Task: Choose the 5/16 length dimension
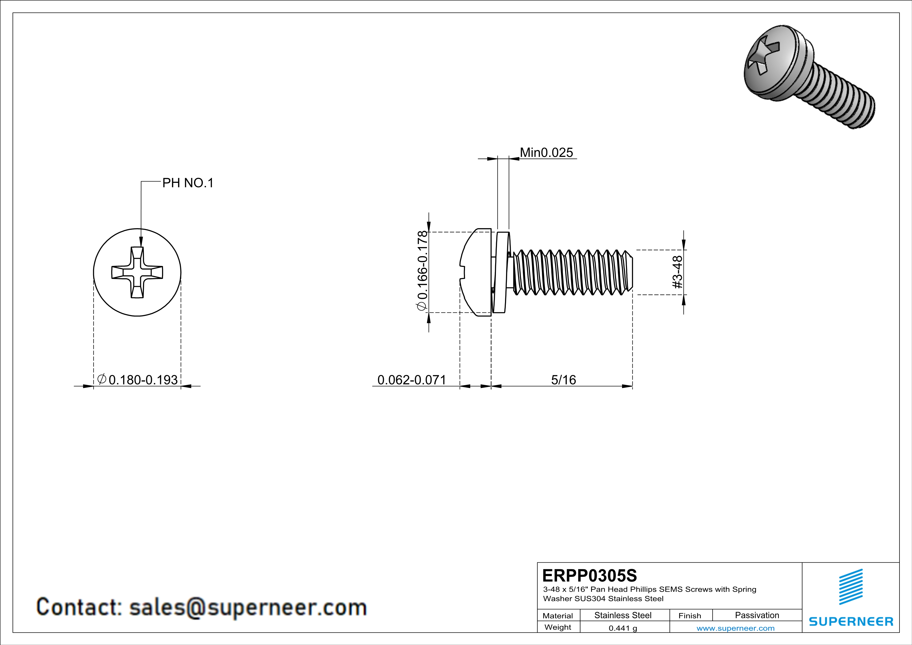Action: tap(563, 380)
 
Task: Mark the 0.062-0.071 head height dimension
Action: tap(411, 380)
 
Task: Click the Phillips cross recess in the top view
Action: tap(137, 273)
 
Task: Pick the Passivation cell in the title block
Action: tap(757, 615)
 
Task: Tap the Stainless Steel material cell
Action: tap(623, 615)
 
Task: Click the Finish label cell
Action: tap(690, 616)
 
